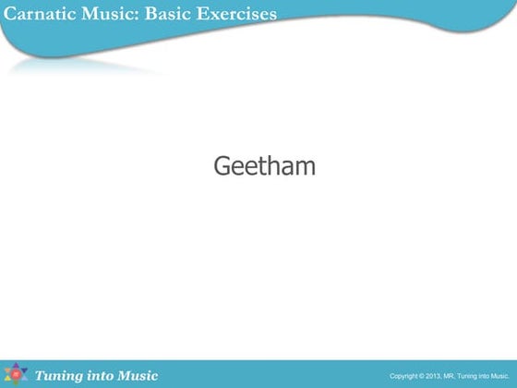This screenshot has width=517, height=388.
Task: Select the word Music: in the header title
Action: pyautogui.click(x=103, y=13)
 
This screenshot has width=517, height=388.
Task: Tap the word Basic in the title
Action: pyautogui.click(x=165, y=13)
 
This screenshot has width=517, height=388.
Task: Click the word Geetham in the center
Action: pyautogui.click(x=264, y=166)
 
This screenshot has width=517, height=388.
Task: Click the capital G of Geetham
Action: pyautogui.click(x=222, y=166)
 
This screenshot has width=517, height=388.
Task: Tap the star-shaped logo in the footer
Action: pyautogui.click(x=17, y=374)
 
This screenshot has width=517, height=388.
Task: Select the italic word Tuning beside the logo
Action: pyautogui.click(x=59, y=375)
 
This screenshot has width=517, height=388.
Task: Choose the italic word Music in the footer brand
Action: pyautogui.click(x=137, y=375)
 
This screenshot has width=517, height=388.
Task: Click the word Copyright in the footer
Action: pyautogui.click(x=404, y=376)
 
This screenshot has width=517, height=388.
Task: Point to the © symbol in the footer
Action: pyautogui.click(x=422, y=376)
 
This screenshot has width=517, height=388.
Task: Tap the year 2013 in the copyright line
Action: pyautogui.click(x=434, y=376)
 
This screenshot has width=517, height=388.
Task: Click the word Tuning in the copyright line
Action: pyautogui.click(x=467, y=376)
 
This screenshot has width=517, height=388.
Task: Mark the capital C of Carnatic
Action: pyautogui.click(x=10, y=13)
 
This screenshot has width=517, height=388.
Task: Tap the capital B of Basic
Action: pyautogui.click(x=150, y=13)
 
